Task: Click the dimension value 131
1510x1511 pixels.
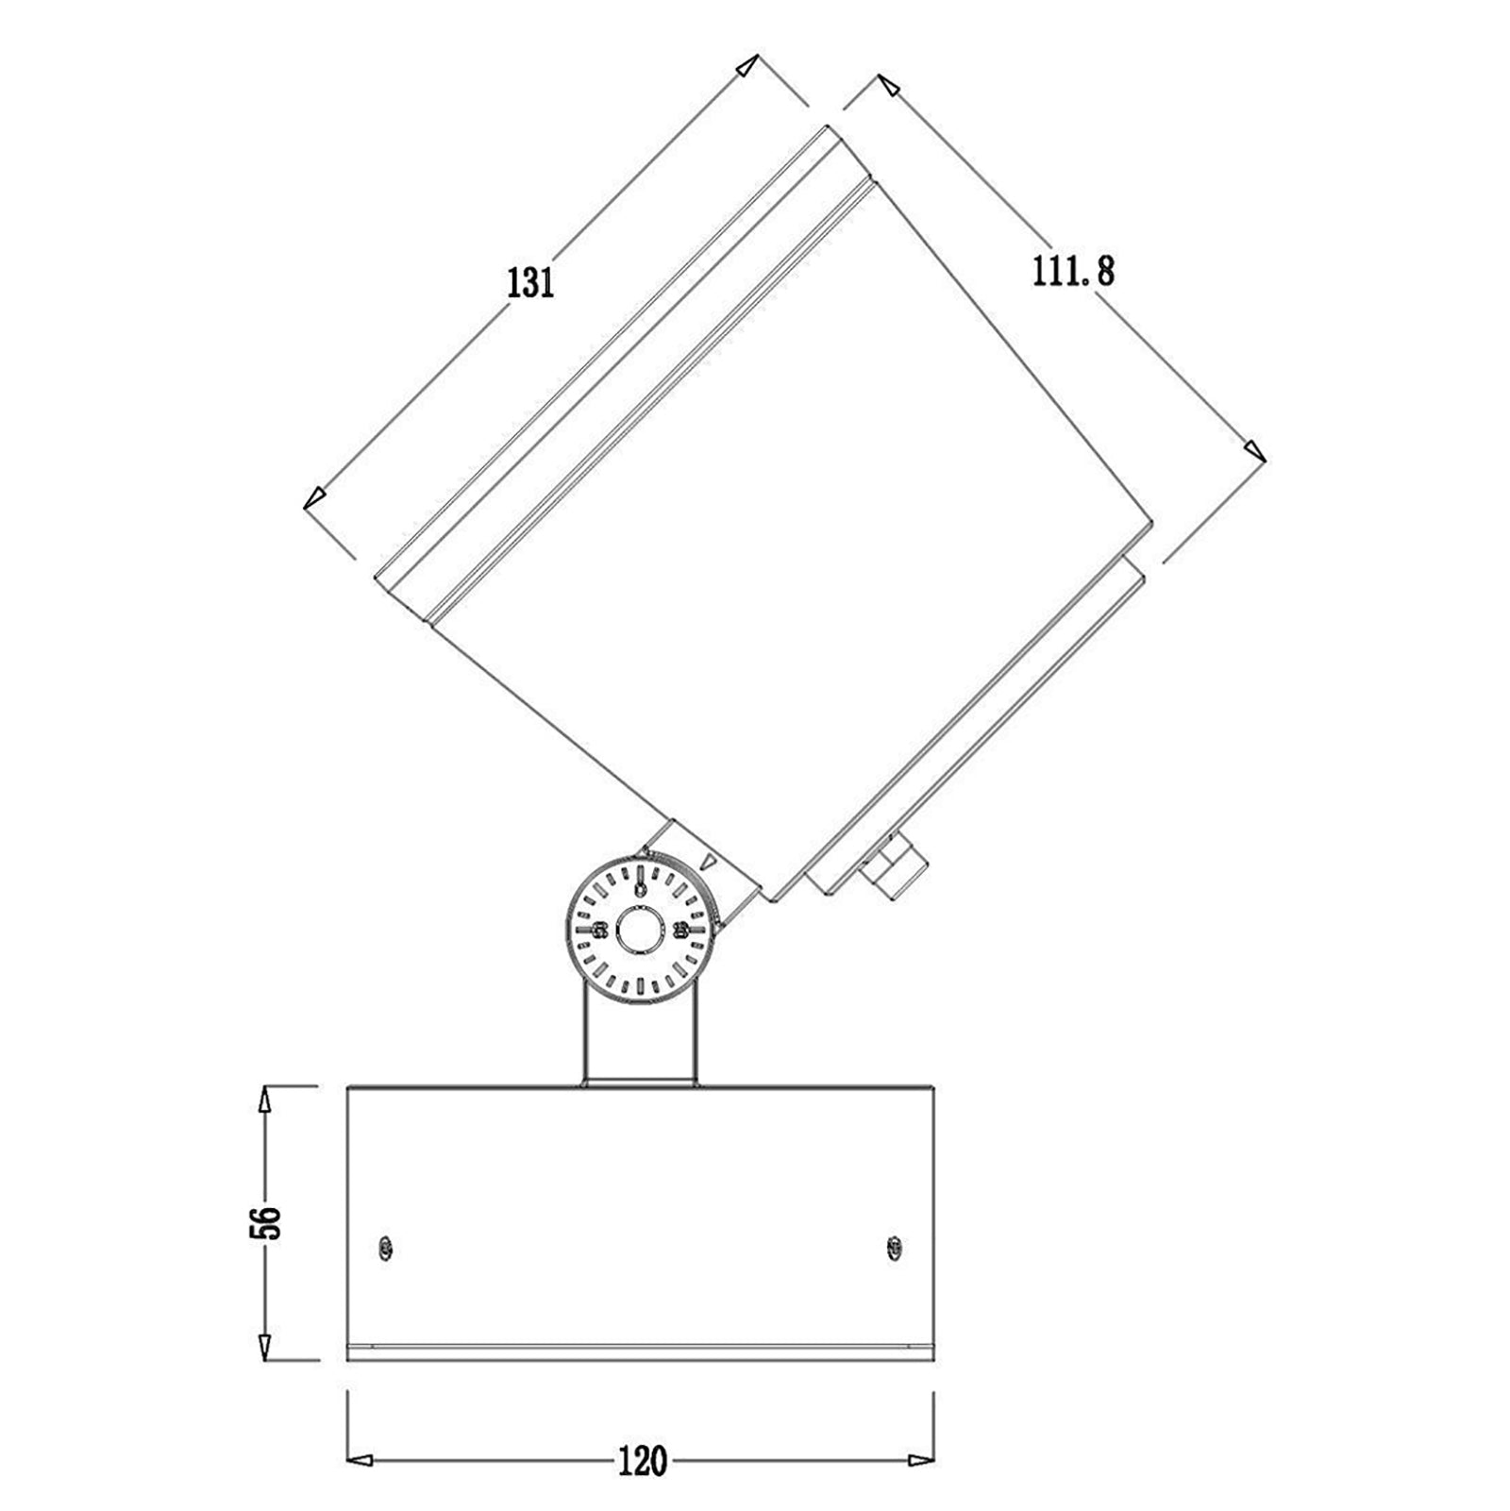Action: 530,283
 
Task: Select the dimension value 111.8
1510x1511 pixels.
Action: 1073,272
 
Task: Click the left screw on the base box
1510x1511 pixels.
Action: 384,1248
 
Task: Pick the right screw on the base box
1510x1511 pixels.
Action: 893,1248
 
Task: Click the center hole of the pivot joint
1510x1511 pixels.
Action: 639,931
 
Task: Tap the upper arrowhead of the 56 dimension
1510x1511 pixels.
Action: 265,1099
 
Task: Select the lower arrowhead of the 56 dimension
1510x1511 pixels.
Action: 265,1347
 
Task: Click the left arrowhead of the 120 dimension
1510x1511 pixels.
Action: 360,1461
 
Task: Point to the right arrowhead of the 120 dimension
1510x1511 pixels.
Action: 921,1461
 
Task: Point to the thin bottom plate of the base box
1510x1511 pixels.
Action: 641,1352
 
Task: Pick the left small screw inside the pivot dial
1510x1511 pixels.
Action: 597,931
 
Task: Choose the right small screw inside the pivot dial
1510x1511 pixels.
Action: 679,931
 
